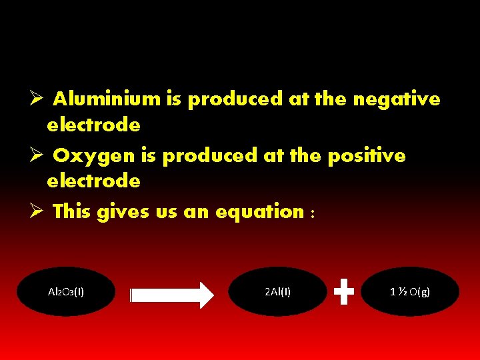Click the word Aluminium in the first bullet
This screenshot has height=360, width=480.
pos(107,99)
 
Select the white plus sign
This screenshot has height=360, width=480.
pos(343,291)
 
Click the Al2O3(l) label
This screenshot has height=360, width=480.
pos(66,291)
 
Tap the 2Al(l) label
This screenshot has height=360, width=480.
pos(277,291)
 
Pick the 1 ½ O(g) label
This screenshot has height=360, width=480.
pos(410,291)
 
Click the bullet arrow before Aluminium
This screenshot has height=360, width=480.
pos(37,99)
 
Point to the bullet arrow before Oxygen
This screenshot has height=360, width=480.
pos(37,156)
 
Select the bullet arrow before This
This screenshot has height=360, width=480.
pos(37,212)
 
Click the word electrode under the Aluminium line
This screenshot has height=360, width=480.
pos(93,125)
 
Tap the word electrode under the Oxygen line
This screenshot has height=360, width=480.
pos(93,181)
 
